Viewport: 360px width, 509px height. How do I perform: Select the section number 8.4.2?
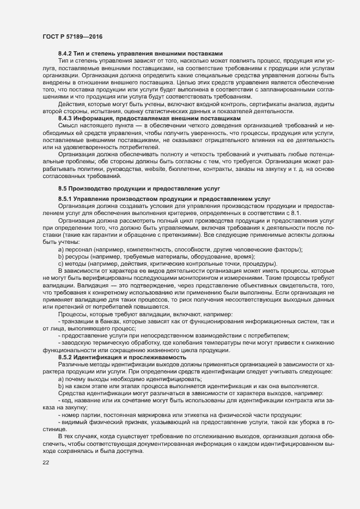point(66,53)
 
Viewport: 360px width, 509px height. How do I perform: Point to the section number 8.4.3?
point(66,118)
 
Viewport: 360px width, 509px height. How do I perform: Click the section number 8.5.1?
point(66,197)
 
